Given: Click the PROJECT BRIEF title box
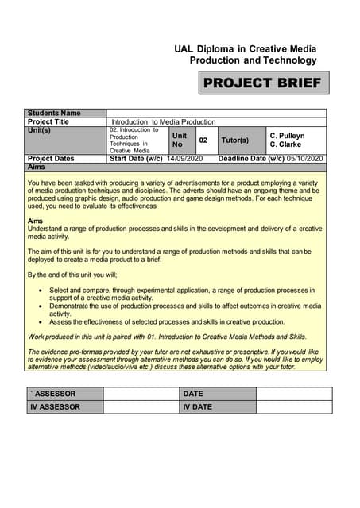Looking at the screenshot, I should tap(262, 83).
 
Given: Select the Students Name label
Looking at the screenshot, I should tap(54, 114).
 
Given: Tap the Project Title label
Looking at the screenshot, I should tap(48, 121).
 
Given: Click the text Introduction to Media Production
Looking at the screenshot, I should tap(164, 121).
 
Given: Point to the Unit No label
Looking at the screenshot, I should tap(180, 140).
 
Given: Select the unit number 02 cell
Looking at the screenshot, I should tap(203, 140).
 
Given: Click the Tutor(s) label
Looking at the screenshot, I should tap(234, 140).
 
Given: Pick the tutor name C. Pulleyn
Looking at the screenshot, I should tap(287, 136).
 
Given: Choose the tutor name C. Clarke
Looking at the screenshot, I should tap(285, 144).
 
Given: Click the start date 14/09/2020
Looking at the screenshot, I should tap(185, 159).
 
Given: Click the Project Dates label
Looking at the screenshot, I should tap(51, 159).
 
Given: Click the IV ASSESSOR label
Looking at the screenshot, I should tap(56, 407).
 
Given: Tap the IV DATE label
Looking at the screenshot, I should tap(198, 407).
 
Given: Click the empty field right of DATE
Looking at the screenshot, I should tap(293, 394).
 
